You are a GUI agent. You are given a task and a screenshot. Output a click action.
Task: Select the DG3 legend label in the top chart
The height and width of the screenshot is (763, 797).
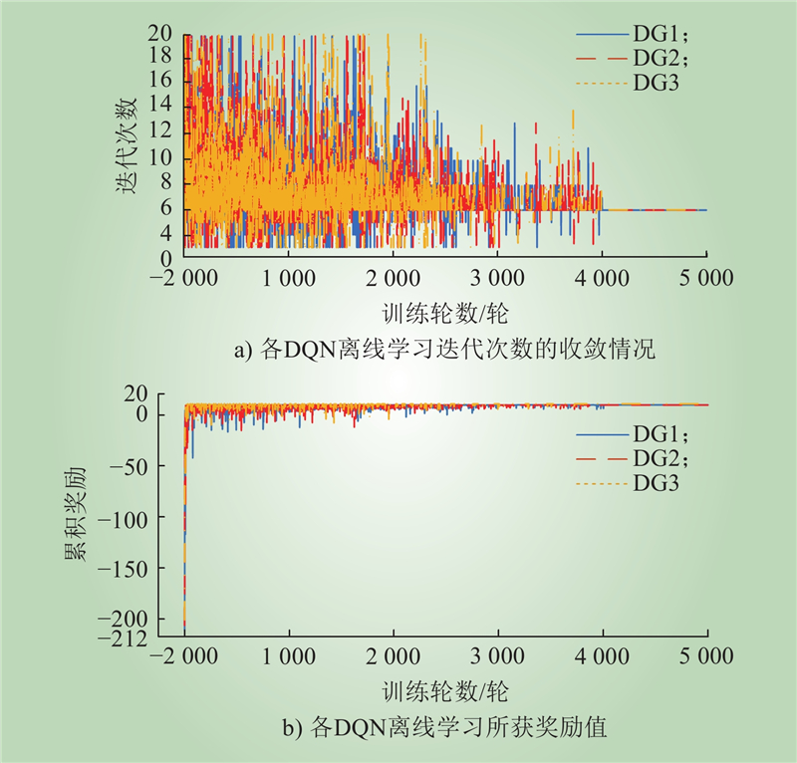pos(656,83)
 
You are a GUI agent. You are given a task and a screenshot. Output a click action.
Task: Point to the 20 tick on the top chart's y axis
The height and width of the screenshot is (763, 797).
pos(160,33)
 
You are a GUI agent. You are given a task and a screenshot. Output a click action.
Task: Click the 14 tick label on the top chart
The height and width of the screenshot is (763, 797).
pos(160,105)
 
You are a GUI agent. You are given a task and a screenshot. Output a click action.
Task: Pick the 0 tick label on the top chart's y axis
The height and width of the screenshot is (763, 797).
pos(166,259)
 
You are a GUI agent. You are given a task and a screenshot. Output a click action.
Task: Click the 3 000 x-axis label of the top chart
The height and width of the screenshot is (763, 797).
pos(496,278)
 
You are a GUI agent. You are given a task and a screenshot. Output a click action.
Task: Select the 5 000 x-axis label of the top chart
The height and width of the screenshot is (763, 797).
pos(706,278)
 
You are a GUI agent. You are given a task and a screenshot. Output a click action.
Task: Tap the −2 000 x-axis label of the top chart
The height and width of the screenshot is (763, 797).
pos(184,278)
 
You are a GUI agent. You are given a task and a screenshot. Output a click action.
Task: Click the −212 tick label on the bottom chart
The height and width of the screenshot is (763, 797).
pos(122,637)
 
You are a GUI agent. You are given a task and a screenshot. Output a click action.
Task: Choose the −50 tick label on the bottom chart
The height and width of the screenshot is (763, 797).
pos(129,466)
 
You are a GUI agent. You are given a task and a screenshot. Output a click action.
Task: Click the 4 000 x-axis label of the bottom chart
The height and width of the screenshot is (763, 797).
pos(602,656)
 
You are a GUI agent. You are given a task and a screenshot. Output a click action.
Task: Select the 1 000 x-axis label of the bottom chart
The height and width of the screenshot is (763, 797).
pos(288,656)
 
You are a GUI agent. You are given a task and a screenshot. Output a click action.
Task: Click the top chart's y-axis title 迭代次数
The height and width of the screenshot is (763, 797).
pos(127,145)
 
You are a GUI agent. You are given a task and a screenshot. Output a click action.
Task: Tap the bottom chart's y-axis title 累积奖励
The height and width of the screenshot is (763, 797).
pos(76,514)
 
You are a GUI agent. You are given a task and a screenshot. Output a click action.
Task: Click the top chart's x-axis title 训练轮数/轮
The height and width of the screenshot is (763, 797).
pos(445,314)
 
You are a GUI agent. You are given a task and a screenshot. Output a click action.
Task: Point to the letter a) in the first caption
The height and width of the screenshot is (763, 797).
pos(242,351)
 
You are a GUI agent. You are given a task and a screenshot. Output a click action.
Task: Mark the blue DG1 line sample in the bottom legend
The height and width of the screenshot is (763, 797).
pos(603,434)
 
